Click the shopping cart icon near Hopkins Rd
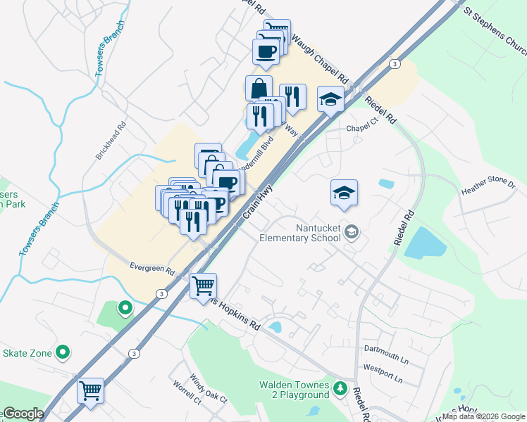[203, 286]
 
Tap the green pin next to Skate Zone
[63, 352]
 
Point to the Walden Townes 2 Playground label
[294, 390]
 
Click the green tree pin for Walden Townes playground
[340, 388]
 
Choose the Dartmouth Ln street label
[386, 349]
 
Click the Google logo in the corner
[23, 414]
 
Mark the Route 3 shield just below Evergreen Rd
[161, 293]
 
